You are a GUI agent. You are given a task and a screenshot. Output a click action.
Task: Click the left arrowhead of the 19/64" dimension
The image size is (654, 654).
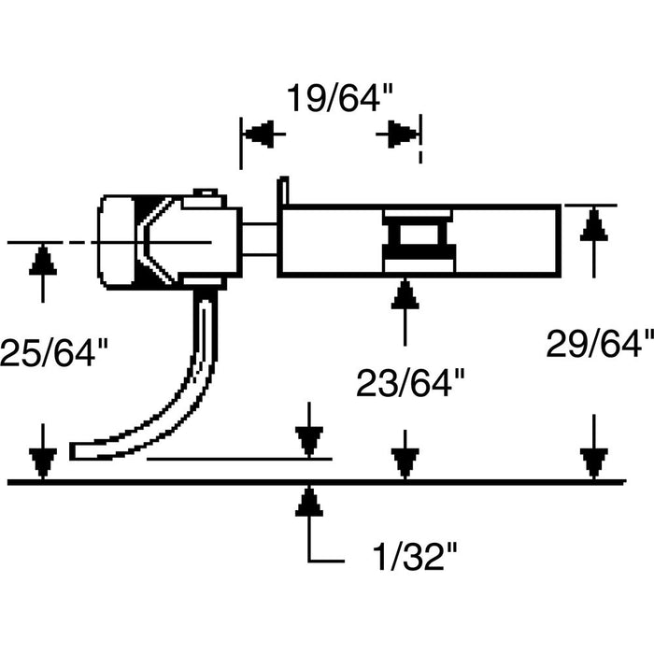263,134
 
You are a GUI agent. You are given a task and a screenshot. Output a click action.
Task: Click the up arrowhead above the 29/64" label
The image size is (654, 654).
590,224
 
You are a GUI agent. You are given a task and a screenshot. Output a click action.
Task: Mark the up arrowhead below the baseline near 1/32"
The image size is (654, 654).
308,502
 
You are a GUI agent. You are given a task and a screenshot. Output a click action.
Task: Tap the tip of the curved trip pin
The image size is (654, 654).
77,451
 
